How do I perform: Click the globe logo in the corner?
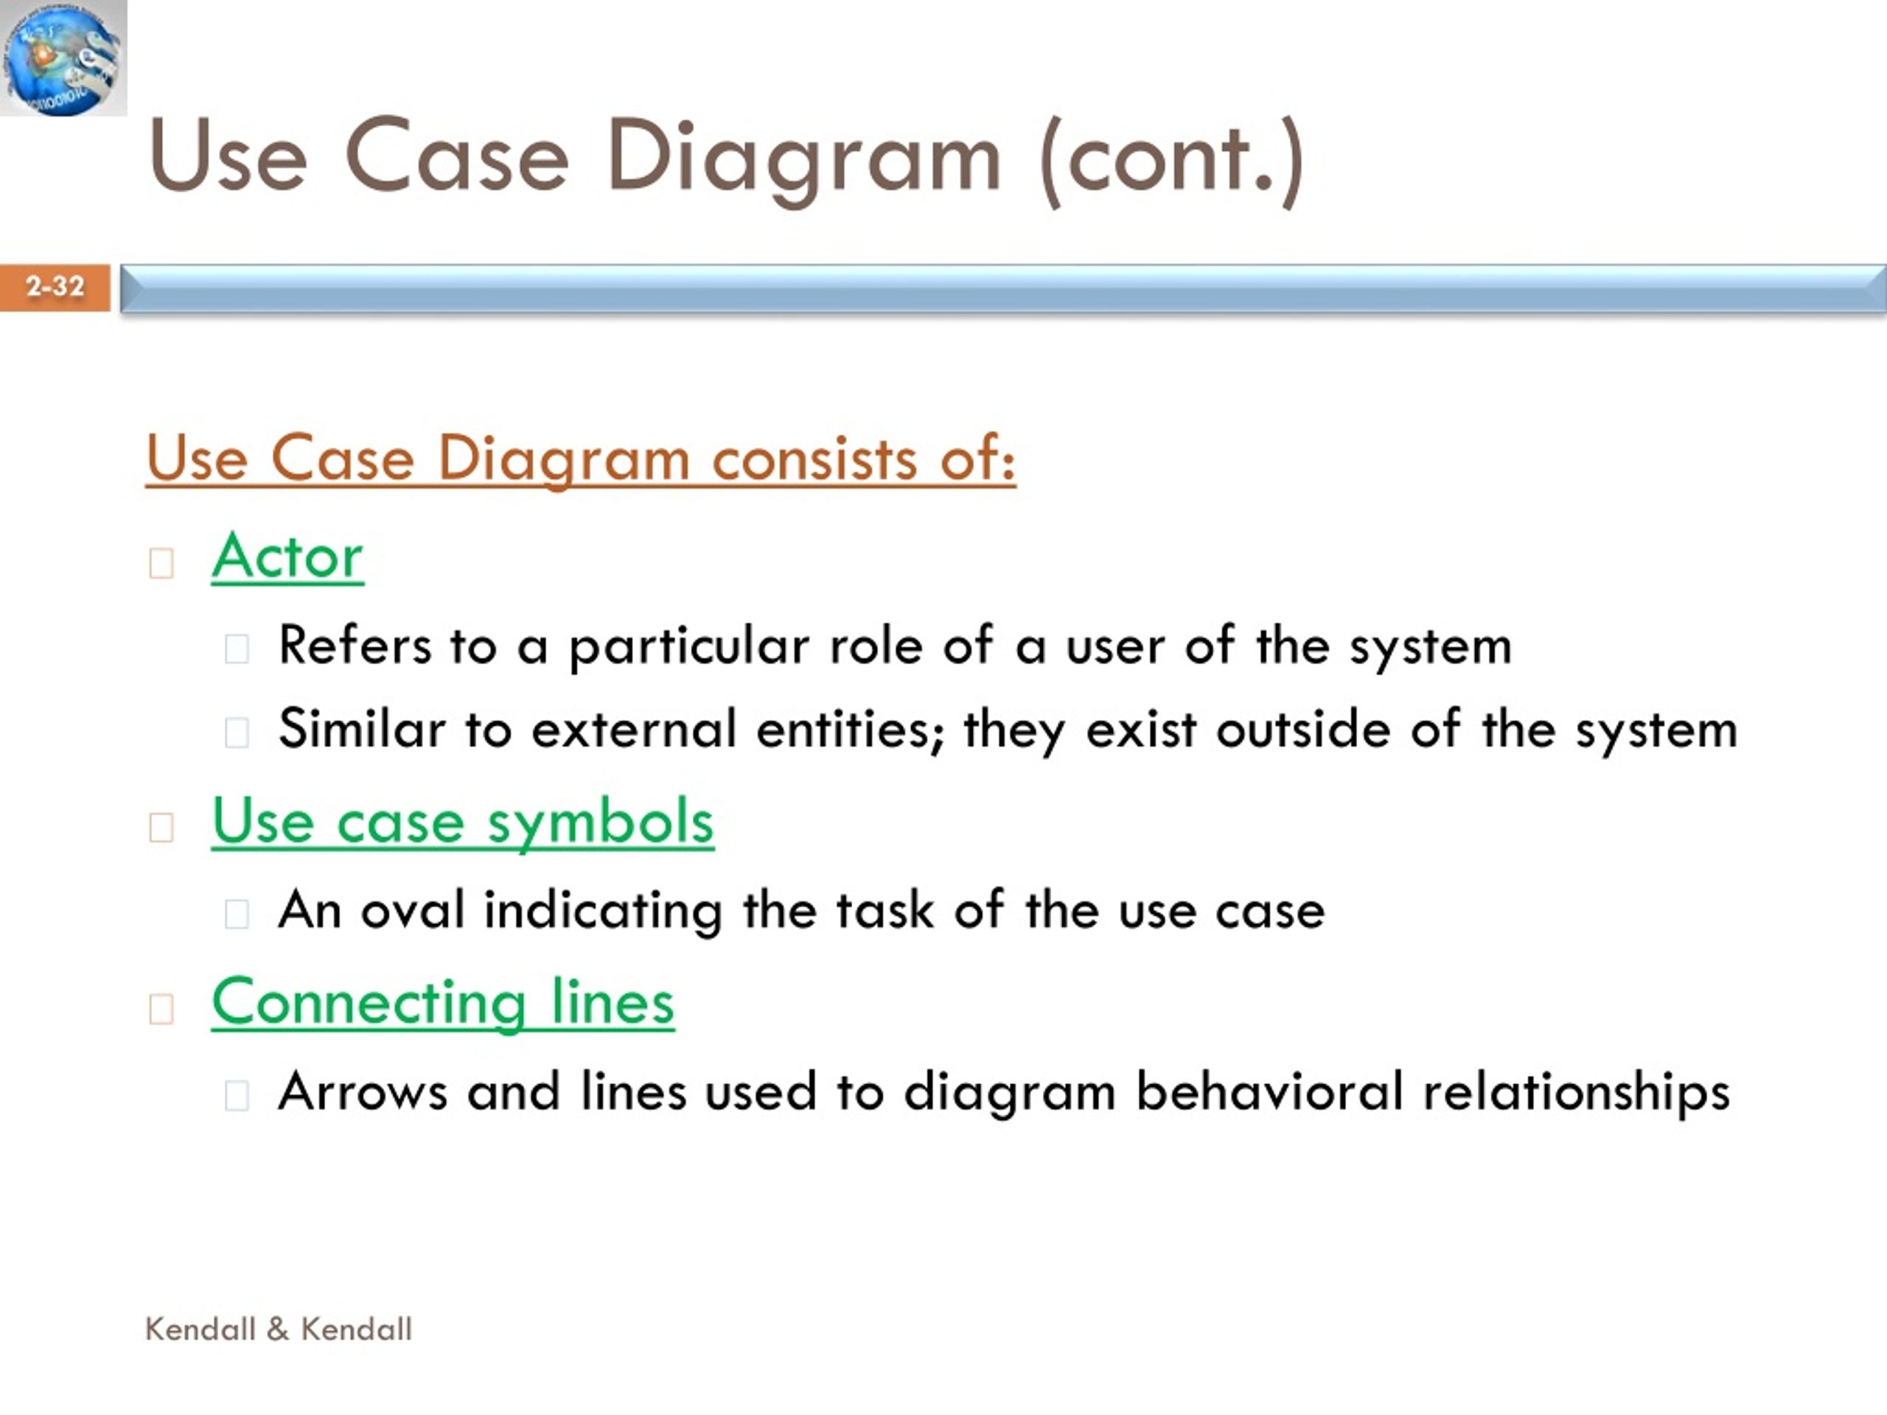point(63,58)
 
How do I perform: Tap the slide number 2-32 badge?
point(55,287)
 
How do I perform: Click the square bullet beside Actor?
point(161,563)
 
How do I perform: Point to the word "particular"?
point(688,646)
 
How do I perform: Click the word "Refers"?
point(355,645)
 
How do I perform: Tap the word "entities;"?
point(851,731)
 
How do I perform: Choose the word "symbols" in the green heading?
point(600,824)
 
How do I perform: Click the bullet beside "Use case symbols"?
point(161,828)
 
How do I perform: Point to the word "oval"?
point(413,910)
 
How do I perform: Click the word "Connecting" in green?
point(369,1005)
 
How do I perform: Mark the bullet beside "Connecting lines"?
point(161,1009)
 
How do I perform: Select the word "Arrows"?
point(363,1091)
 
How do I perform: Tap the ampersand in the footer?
point(278,1329)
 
